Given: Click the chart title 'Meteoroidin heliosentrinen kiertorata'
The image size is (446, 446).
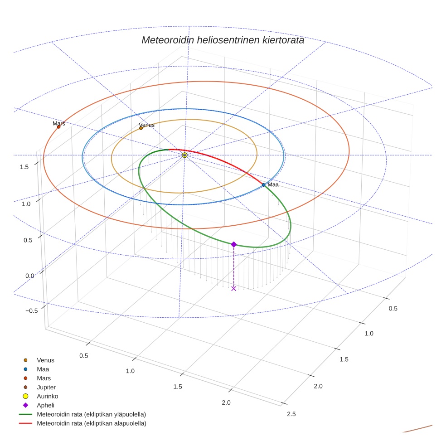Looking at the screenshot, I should tap(223, 40).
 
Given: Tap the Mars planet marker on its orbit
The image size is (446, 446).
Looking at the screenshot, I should tap(58, 127).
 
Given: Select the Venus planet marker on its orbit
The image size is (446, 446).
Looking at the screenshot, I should tap(141, 128).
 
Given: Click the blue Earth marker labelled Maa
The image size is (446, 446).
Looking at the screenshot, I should tap(263, 185).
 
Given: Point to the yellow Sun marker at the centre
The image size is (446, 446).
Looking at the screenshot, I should tap(184, 155).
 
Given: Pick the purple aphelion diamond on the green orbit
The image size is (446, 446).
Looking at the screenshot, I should tap(234, 244).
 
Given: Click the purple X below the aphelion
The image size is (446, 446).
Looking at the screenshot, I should tap(234, 288).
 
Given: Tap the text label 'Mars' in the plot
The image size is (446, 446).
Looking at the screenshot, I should tap(59, 123).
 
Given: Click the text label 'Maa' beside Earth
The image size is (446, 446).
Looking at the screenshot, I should tap(273, 185).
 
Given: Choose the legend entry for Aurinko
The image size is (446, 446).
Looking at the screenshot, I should tap(46, 396).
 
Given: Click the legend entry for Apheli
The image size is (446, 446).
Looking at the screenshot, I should tap(45, 405).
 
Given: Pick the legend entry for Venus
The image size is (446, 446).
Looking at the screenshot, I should tap(45, 360).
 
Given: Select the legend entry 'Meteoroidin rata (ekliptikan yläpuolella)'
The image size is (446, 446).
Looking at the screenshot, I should tap(91, 414).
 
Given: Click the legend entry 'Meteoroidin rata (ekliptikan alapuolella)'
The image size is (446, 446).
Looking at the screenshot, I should tap(91, 423).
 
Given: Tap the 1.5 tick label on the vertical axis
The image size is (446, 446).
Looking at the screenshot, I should tap(24, 167).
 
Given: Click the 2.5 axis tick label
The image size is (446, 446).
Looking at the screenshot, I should tap(291, 414).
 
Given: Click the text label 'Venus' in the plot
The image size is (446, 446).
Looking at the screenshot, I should tap(146, 125).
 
